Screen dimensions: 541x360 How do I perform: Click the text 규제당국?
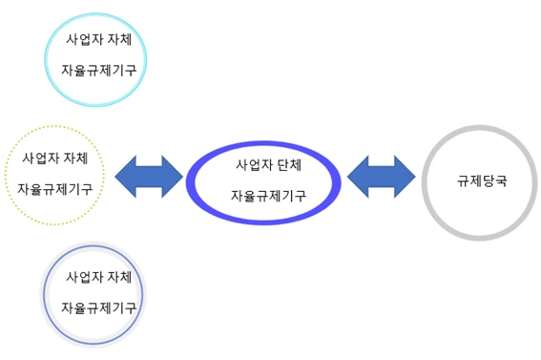coord(480,180)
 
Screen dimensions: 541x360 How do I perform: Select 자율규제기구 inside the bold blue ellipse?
coord(268,196)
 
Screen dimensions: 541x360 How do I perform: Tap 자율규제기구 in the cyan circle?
coord(97,71)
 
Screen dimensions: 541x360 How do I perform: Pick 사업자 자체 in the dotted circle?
coord(55,157)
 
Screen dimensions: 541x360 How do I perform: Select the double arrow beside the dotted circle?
coord(148,176)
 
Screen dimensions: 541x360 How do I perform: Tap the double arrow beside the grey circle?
coord(381,176)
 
